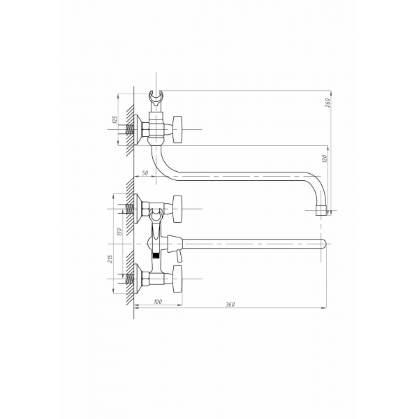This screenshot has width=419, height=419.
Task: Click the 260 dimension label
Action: [328, 103]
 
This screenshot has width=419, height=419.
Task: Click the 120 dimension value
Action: [325, 159]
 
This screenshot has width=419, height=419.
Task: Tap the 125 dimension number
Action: [115, 119]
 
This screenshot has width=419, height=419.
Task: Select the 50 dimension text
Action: [145, 173]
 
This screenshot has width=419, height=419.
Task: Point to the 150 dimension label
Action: [119, 232]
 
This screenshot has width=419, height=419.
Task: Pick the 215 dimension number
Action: [110, 258]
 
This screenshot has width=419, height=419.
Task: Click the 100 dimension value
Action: [158, 302]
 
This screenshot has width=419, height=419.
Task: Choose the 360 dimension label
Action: [230, 304]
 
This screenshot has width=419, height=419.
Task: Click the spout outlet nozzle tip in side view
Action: [321, 210]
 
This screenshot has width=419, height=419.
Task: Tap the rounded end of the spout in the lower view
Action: [324, 244]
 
